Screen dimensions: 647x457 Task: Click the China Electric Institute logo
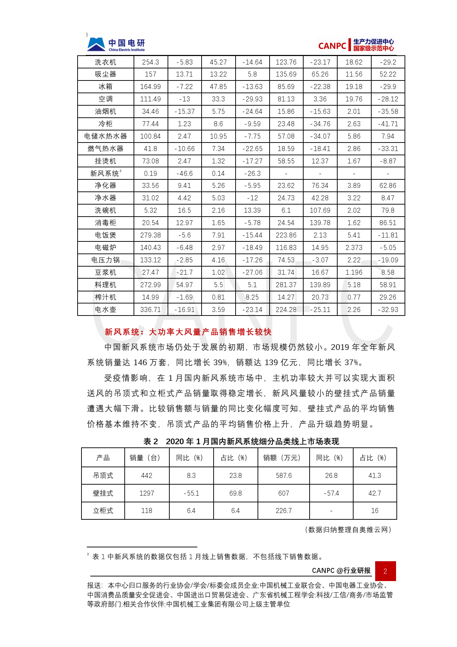116,45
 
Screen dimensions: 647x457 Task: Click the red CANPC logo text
332,46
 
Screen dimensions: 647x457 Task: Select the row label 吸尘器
105,74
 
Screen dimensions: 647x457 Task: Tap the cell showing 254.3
150,62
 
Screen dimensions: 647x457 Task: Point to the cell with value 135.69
286,74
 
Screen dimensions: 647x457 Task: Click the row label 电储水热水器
105,136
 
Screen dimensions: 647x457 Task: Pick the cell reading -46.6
184,173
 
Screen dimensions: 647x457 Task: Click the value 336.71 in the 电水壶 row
150,309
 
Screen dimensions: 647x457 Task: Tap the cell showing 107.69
320,210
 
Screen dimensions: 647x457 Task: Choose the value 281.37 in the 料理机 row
286,285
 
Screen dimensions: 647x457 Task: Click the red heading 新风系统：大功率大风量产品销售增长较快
188,332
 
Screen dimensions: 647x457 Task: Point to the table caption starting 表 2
241,441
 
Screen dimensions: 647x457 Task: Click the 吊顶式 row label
103,475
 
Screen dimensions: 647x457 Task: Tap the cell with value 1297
147,493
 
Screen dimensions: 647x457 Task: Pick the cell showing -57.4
331,493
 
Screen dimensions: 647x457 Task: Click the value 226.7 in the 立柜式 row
283,511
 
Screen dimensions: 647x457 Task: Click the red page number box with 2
385,571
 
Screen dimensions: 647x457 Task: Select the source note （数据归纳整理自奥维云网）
348,529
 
